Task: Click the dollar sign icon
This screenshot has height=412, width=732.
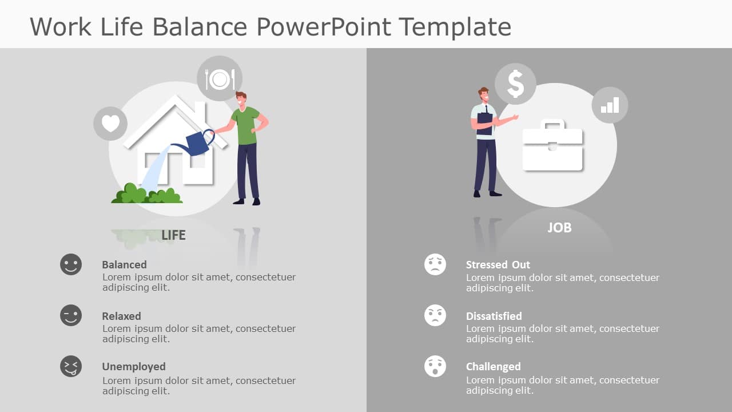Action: [x=515, y=84]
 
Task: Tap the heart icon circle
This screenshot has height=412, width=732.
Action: [x=110, y=124]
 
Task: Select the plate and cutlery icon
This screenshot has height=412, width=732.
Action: [x=220, y=79]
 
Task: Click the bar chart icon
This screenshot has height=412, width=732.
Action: [x=610, y=105]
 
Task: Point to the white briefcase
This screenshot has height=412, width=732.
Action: [x=552, y=146]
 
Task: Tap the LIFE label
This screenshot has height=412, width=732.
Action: [x=173, y=235]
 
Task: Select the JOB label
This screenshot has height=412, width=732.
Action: [x=559, y=228]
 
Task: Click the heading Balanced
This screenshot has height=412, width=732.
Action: [x=124, y=265]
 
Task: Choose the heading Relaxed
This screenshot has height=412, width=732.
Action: [x=121, y=316]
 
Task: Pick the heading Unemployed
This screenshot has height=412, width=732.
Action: [x=134, y=367]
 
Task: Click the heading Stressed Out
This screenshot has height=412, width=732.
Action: [x=498, y=265]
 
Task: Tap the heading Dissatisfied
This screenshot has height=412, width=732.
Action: [x=494, y=316]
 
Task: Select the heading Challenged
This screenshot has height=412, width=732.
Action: [x=493, y=367]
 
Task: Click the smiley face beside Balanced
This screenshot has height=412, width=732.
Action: [x=71, y=264]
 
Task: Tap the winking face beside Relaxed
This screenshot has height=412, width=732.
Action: [x=71, y=315]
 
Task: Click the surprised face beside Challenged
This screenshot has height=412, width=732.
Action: [x=435, y=366]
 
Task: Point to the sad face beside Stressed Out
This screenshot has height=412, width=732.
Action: [x=435, y=264]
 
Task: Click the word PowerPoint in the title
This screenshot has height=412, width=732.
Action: [x=324, y=27]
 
